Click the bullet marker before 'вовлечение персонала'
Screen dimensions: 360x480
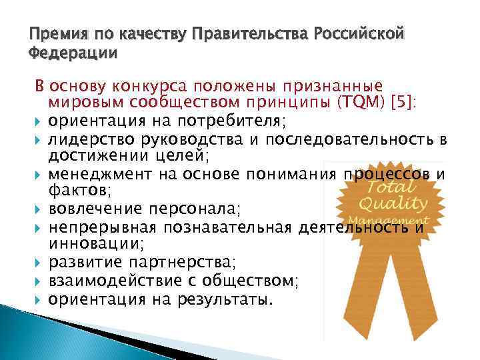coord(38,209)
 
